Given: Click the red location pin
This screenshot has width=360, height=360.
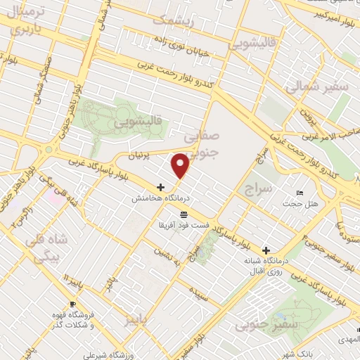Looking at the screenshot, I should pos(181,165).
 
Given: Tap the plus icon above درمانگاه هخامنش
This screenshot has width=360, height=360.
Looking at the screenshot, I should pos(161,188).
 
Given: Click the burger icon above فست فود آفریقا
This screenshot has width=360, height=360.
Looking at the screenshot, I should pos(184,214).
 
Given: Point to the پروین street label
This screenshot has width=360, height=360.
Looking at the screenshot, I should pos(304,111).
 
